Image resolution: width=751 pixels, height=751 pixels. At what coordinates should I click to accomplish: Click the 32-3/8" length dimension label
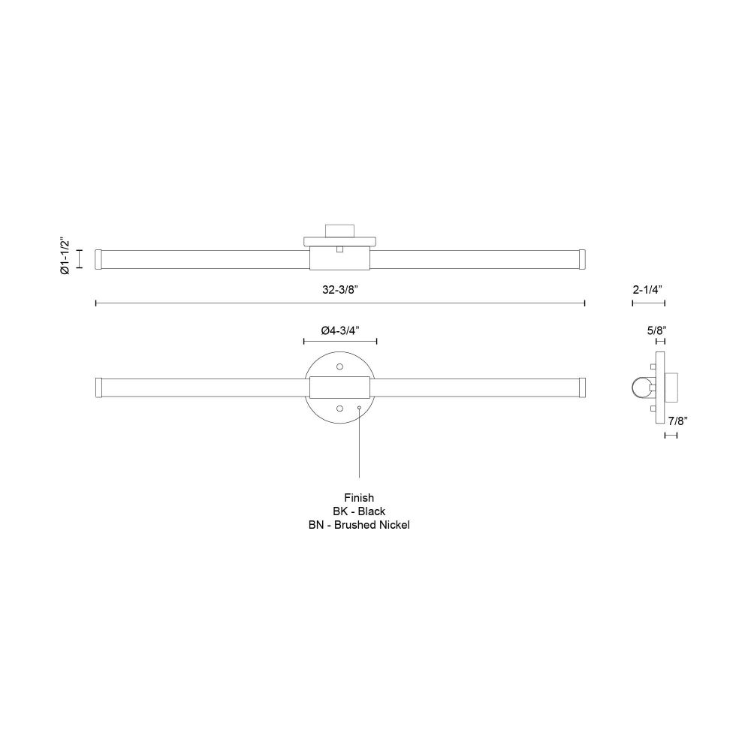pos(340,290)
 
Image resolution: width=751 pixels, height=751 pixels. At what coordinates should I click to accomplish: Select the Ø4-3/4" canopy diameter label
pos(340,330)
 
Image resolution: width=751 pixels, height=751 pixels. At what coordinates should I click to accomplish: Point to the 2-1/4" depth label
pos(647,290)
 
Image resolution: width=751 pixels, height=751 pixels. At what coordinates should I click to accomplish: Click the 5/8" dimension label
pos(656,330)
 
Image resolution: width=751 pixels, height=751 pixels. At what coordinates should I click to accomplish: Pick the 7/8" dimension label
pos(677,421)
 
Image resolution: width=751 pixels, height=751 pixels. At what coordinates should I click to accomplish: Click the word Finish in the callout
pos(359,498)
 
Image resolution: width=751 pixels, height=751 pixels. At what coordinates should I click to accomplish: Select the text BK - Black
pos(359,511)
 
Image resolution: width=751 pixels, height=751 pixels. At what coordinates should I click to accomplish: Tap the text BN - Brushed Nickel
pos(359,525)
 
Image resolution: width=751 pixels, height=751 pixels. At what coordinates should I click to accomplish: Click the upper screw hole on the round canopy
pos(340,367)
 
